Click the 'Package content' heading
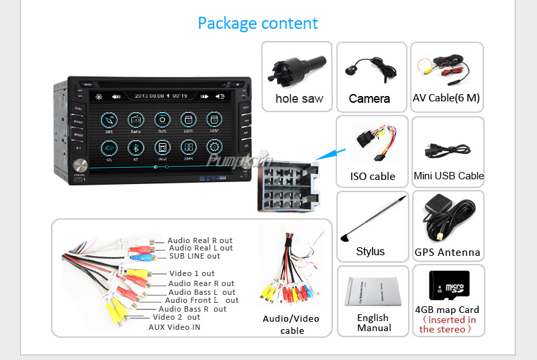258,24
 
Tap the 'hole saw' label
299,99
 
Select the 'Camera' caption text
369,99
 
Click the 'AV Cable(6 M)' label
446,98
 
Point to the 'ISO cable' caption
373,177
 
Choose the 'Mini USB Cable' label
448,176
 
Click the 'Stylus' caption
371,252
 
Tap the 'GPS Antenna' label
447,253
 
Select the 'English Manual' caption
373,322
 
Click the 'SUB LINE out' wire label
195,256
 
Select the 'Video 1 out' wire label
192,273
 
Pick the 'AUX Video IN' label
175,327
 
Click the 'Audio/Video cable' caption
291,324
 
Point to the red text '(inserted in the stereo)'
448,324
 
